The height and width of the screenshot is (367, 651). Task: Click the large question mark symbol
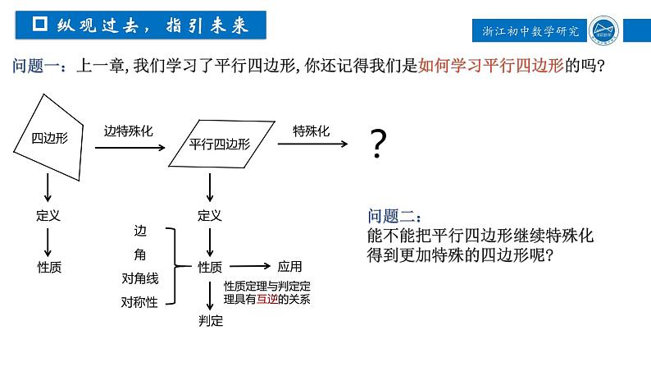pos(378,145)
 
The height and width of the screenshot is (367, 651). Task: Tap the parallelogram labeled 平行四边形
pos(220,144)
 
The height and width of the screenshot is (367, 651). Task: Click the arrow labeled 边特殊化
pos(129,148)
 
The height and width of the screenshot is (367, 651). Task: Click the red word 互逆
pos(267,300)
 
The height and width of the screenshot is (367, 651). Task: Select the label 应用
pos(290,266)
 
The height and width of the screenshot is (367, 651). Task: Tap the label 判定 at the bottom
pos(211,321)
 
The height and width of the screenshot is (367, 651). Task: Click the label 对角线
pos(139,278)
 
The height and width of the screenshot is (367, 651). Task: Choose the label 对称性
pos(139,301)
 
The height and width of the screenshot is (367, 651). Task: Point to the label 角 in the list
pos(139,255)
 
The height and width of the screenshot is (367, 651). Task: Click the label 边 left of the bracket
pos(139,231)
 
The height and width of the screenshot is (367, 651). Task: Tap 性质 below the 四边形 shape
pos(49,267)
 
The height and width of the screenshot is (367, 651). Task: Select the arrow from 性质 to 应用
pos(253,266)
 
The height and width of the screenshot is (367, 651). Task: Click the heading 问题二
pos(394,217)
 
